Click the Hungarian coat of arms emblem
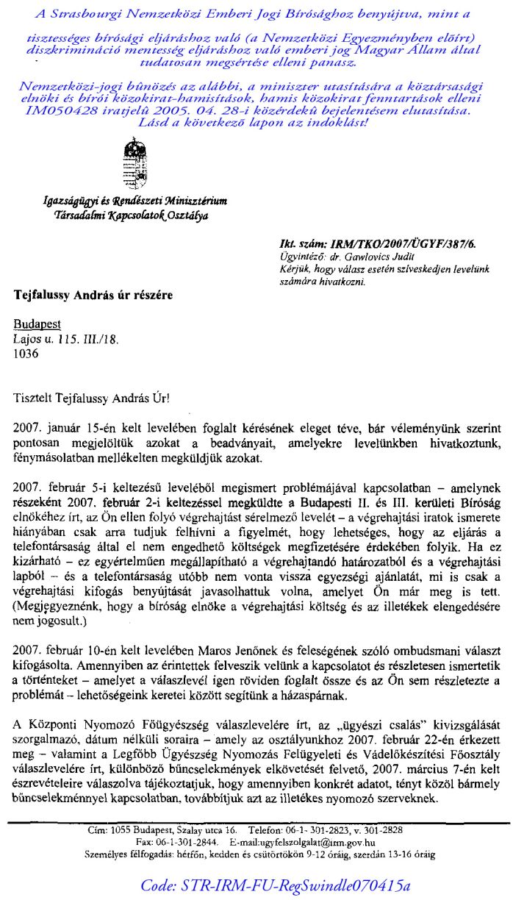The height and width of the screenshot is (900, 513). point(132,166)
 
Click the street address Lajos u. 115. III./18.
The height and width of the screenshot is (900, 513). point(66,340)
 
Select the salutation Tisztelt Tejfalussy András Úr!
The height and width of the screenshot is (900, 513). point(90,398)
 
